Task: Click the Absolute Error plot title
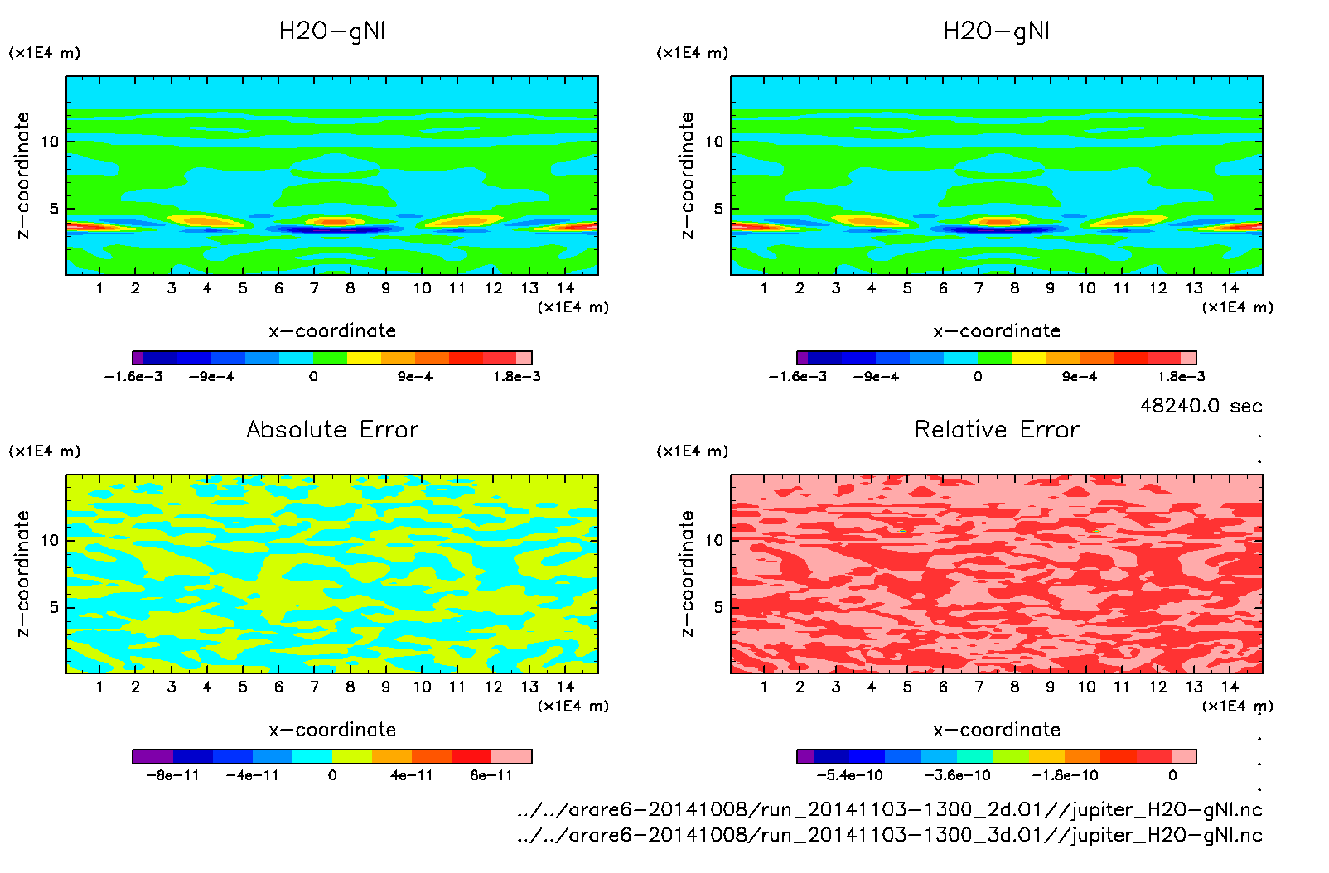point(332,429)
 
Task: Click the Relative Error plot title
point(997,429)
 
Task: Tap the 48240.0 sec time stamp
point(1201,406)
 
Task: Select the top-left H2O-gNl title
point(332,31)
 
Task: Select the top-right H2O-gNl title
point(997,31)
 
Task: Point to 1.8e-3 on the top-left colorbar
point(517,377)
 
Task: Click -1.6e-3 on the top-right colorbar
point(798,377)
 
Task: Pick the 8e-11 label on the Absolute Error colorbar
point(491,775)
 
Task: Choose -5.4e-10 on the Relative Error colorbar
point(849,775)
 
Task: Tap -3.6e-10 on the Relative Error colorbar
point(957,775)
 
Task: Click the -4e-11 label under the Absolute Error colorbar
point(253,775)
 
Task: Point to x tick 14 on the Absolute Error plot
point(565,687)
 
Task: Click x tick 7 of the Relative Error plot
point(979,687)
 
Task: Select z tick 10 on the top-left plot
point(50,142)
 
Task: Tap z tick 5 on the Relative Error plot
point(718,607)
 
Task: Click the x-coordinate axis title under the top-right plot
point(997,331)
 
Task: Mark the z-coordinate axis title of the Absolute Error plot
point(23,574)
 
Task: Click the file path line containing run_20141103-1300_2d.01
point(889,809)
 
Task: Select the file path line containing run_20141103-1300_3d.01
point(889,835)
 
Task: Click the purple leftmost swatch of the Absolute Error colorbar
point(152,756)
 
